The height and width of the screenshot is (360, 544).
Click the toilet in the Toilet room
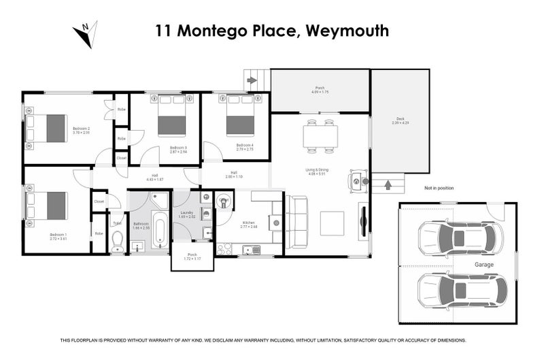click(117, 240)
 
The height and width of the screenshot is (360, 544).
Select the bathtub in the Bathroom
click(159, 231)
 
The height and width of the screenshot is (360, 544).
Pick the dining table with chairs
click(320, 137)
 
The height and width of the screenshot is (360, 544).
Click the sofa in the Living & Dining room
click(297, 222)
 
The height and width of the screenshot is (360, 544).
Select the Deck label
click(401, 119)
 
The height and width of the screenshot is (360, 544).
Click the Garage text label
click(484, 264)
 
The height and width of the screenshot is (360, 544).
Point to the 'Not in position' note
click(439, 188)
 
